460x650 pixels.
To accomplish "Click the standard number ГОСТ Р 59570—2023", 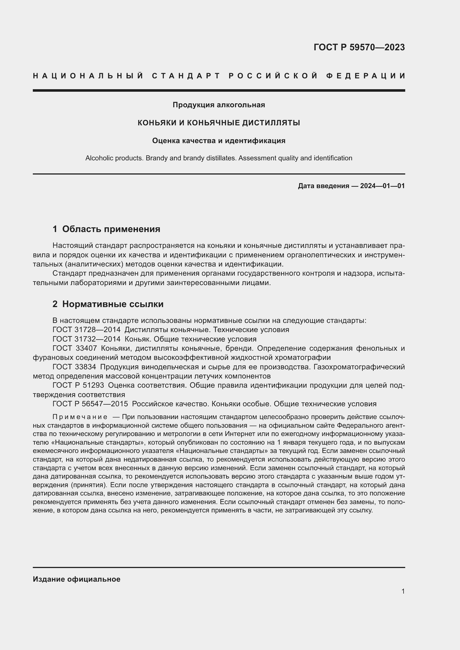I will click(359, 47).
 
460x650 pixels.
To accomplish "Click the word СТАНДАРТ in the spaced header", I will click(186, 76).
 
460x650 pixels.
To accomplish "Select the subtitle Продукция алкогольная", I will click(219, 105).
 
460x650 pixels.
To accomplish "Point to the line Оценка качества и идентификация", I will click(219, 141).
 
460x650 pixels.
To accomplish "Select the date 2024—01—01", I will click(382, 186).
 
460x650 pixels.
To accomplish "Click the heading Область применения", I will click(111, 229).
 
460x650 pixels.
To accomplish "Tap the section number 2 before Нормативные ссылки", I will click(55, 304).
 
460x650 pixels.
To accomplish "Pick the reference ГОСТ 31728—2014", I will click(86, 330).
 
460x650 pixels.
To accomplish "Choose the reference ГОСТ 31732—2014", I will click(86, 339).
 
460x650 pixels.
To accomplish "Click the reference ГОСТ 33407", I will click(75, 348).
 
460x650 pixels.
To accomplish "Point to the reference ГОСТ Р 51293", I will click(78, 386).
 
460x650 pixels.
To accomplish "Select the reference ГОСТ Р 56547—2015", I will click(90, 404).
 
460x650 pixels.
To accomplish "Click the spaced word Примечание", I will click(80, 417).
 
